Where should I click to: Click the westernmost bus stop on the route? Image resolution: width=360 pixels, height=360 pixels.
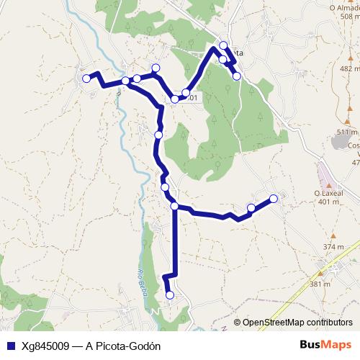click(86, 78)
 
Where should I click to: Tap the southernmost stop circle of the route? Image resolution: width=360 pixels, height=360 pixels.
click(170, 294)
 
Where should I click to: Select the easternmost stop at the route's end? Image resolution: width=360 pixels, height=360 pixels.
click(274, 198)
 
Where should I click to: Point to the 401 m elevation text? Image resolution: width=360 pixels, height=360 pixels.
click(328, 202)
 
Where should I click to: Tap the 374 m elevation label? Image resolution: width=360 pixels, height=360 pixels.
click(333, 247)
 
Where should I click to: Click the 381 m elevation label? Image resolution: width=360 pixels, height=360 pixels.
click(320, 284)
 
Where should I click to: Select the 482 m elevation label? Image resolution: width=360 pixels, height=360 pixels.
click(349, 68)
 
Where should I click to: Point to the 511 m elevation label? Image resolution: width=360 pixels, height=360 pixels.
click(346, 132)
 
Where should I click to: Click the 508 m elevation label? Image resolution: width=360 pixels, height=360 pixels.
click(350, 16)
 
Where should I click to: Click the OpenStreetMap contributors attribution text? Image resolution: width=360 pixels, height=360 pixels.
click(297, 323)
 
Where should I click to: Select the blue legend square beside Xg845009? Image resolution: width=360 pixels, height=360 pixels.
click(10, 346)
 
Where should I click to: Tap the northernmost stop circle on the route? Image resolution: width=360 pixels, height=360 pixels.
click(223, 45)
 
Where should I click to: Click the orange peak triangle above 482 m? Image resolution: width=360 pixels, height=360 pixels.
click(351, 59)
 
